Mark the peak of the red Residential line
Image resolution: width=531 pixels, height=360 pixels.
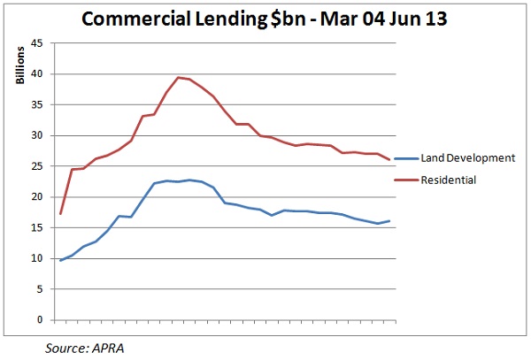[x=178, y=78]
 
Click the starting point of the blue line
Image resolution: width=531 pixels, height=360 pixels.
[x=60, y=260]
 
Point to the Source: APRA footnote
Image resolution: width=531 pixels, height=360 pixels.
[x=87, y=349]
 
